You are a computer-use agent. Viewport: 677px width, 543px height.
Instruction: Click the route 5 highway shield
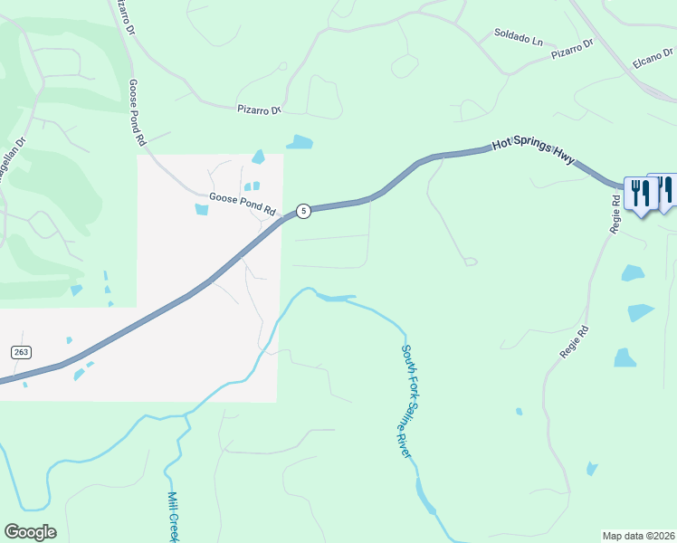click(x=304, y=211)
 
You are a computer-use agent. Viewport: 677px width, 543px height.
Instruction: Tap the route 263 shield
click(x=20, y=351)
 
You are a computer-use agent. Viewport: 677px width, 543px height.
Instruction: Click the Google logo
click(x=30, y=532)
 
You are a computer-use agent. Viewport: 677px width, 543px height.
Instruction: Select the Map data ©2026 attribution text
click(x=639, y=536)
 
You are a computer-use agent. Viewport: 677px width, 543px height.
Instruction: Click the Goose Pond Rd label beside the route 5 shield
click(x=243, y=202)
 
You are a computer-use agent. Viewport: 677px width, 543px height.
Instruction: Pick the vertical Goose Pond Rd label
click(x=137, y=112)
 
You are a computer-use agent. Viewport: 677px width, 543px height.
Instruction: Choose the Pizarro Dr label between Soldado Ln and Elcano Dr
click(x=573, y=49)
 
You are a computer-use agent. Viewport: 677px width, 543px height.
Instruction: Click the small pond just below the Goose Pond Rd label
click(x=201, y=210)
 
